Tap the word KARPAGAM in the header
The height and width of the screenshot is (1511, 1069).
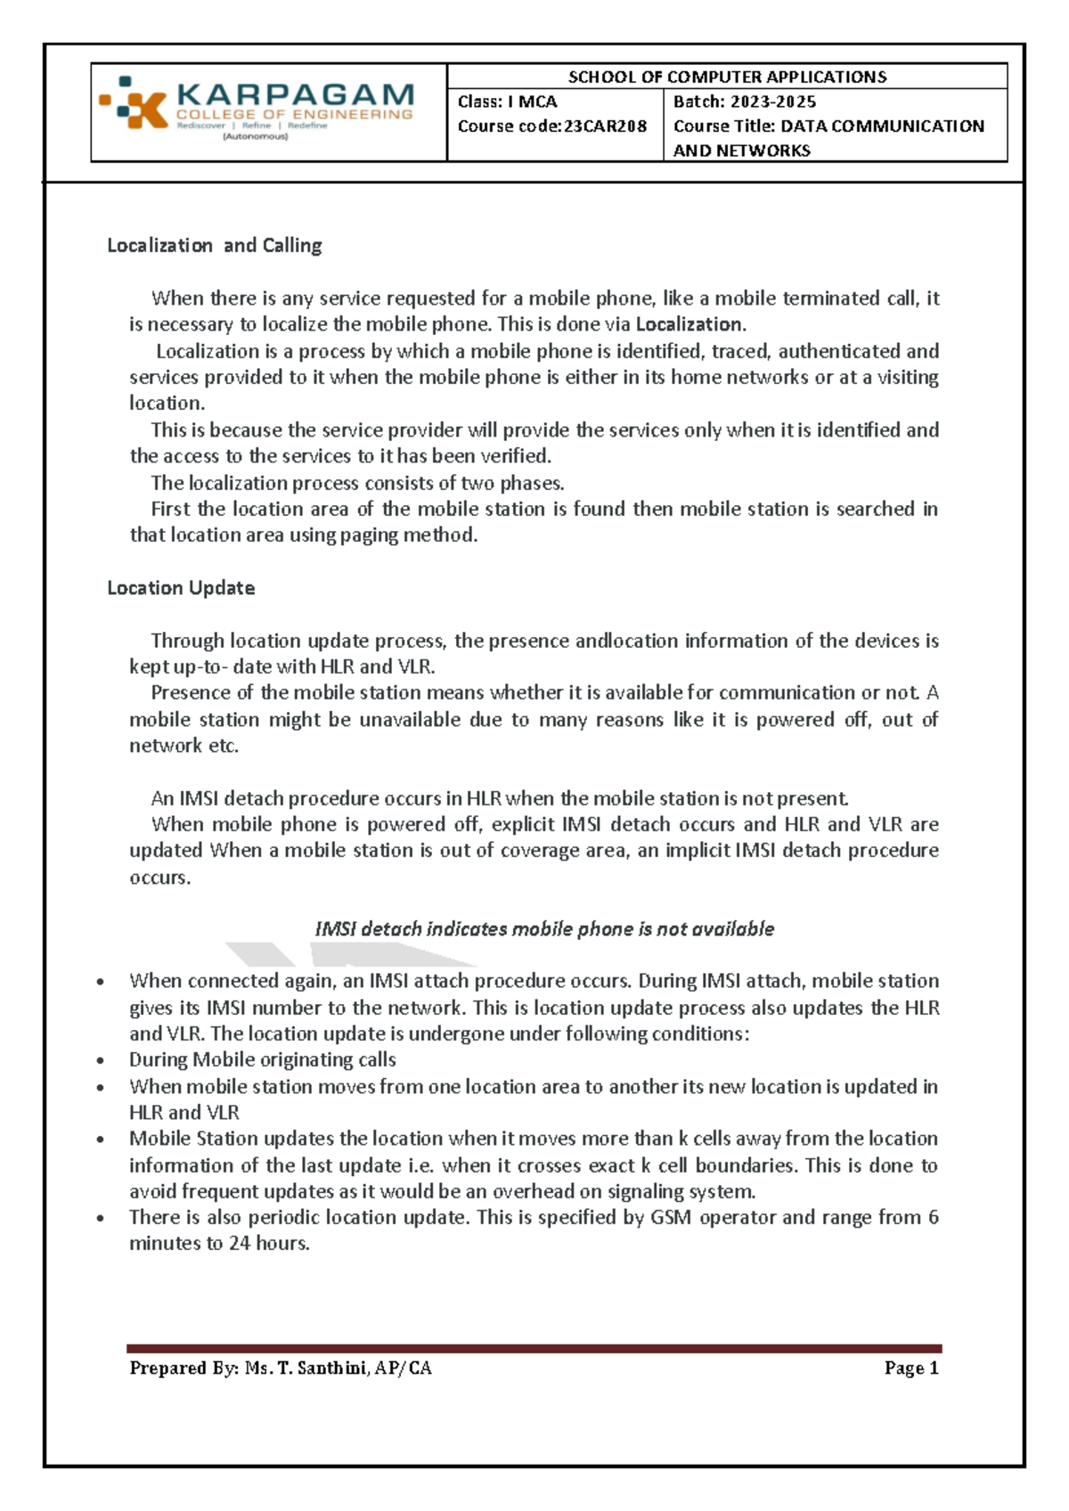coord(295,94)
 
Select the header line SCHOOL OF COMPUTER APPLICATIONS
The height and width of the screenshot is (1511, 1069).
coord(727,77)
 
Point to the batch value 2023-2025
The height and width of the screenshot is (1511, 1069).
coord(773,102)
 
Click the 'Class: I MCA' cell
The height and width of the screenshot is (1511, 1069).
coord(508,102)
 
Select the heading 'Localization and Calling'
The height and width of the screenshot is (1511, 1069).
coord(214,245)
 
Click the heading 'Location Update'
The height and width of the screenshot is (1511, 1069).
coord(181,588)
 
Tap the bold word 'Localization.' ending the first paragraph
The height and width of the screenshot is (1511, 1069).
coord(690,324)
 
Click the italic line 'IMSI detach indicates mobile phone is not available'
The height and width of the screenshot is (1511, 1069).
coord(544,929)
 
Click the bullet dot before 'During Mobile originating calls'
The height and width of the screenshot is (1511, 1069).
coord(102,1061)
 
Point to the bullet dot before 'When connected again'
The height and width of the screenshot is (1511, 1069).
coord(102,982)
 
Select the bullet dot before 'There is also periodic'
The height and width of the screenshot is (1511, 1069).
coord(102,1219)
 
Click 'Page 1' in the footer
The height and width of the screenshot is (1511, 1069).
coord(911,1368)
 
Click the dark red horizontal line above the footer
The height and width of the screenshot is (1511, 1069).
coord(534,1349)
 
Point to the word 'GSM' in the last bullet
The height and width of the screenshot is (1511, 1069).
coord(671,1218)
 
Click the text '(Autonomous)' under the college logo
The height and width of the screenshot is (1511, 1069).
coord(256,137)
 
